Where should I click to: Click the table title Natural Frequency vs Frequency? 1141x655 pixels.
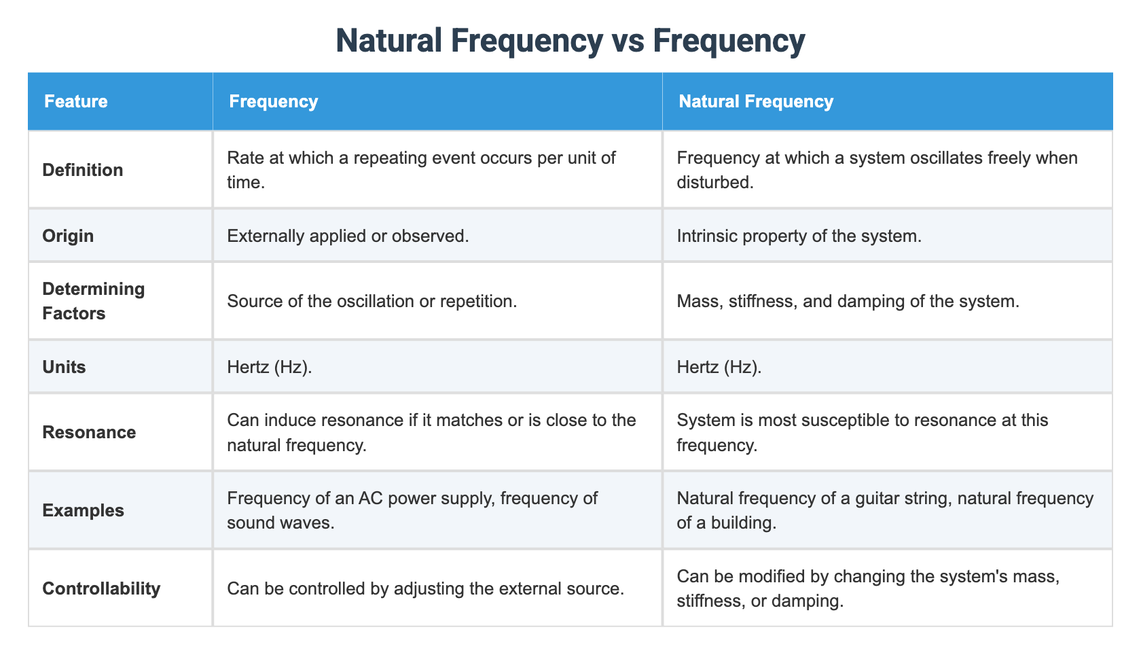[570, 41]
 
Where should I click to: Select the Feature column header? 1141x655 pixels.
[76, 102]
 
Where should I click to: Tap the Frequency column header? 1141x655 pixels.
[274, 102]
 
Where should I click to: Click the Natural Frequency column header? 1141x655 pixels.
[756, 102]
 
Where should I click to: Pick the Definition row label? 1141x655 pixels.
[83, 170]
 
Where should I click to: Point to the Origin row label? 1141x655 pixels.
[68, 236]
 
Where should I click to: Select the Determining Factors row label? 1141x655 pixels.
[94, 301]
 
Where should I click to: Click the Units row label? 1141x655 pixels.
[64, 367]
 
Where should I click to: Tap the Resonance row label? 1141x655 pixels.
[89, 432]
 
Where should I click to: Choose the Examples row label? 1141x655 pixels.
[83, 510]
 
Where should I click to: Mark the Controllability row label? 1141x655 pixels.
[101, 588]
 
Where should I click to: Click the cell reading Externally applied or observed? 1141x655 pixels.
[348, 236]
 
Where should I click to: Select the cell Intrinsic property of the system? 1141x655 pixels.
[799, 236]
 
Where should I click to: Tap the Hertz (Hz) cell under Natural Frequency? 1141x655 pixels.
[719, 367]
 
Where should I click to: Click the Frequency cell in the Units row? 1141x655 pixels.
[270, 367]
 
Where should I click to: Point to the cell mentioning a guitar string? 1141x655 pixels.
[885, 510]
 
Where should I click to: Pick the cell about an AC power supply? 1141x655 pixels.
[412, 510]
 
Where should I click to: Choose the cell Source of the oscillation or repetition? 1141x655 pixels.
[372, 301]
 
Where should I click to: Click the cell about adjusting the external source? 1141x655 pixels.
[425, 588]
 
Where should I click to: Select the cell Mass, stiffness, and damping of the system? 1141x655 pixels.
[848, 301]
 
